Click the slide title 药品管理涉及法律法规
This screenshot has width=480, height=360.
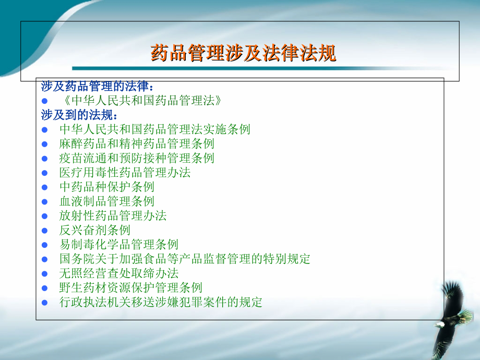pos(243,53)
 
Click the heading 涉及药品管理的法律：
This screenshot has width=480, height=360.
pos(98,86)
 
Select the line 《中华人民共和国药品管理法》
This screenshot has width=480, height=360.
pos(140,101)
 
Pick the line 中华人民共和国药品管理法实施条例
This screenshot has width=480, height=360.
pos(155,129)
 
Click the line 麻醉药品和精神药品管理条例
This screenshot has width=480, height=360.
pos(137,143)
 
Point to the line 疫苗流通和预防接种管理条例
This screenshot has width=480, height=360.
pos(137,158)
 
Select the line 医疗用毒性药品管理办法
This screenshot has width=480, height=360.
pos(125,172)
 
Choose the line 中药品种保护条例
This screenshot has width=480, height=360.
pos(107,187)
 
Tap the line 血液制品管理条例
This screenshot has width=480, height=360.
pos(107,201)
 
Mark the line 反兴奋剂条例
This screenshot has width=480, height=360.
pos(95,230)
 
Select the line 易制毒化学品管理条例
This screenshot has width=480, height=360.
pos(119,244)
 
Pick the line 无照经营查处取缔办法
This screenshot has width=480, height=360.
pos(119,273)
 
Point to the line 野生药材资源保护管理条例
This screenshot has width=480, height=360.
pos(131,287)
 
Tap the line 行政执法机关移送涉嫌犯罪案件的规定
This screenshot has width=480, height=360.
pos(161,302)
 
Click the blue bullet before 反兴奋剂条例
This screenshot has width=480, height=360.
pos(45,230)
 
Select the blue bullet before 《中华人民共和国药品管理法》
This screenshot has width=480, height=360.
pos(45,101)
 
